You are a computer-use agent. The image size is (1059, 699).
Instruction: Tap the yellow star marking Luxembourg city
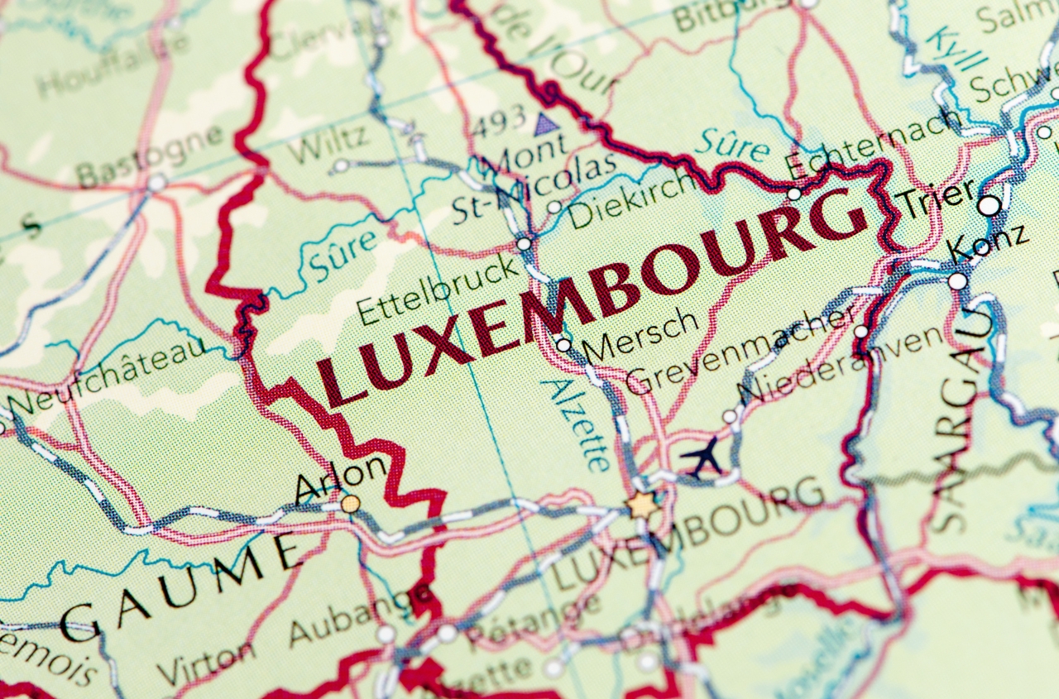[x=642, y=504]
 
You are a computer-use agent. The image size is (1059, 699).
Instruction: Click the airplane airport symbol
[x=702, y=457]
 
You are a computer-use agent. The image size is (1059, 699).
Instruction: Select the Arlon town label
[x=341, y=479]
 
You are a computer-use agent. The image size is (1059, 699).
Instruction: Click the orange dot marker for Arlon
[x=351, y=503]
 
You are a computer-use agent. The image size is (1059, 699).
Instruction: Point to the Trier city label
[x=937, y=199]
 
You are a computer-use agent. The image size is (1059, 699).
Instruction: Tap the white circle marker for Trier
[x=990, y=205]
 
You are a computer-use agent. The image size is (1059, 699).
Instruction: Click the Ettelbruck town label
[x=439, y=290]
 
